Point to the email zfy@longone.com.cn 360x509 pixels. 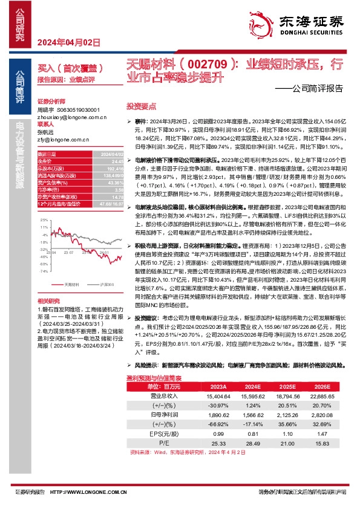pyautogui.click(x=63, y=140)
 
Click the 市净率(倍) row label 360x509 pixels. pyautogui.click(x=48, y=189)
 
